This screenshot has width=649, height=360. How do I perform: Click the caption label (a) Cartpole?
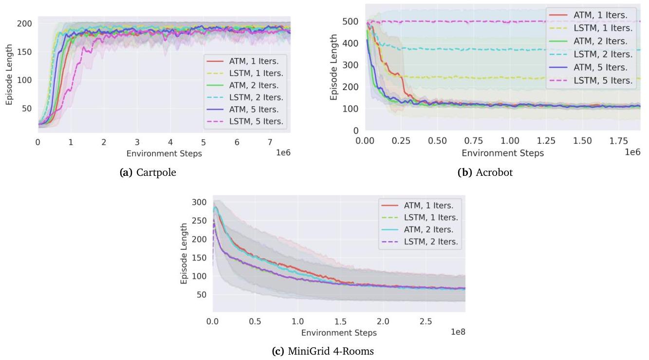click(x=148, y=172)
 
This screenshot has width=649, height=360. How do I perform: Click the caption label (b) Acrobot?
click(x=485, y=172)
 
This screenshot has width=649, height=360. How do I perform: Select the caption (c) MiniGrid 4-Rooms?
click(x=323, y=351)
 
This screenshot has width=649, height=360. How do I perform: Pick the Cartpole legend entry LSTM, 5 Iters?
click(x=255, y=121)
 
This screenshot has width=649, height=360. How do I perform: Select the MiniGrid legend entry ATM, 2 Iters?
click(x=428, y=229)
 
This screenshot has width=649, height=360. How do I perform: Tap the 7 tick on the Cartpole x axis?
click(x=270, y=142)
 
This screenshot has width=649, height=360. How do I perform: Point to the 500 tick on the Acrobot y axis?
click(x=352, y=21)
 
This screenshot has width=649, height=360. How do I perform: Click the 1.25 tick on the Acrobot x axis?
click(x=545, y=141)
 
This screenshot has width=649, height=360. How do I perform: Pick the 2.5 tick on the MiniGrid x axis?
click(x=426, y=322)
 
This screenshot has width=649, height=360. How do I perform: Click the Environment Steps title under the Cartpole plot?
click(x=164, y=153)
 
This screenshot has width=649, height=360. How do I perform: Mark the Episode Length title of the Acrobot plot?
click(x=334, y=67)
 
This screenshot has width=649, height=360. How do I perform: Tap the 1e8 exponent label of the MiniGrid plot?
click(x=458, y=332)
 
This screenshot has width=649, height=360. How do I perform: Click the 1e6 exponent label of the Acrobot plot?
click(x=632, y=152)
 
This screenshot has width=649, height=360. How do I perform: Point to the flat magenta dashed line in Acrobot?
click(x=438, y=21)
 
